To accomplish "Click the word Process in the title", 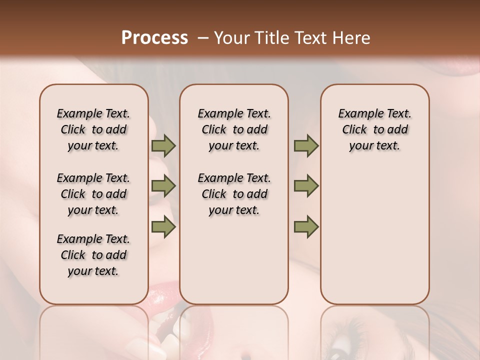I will pos(154,38).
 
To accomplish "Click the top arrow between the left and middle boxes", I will pos(163,146).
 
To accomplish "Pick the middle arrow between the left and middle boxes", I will pos(163,186).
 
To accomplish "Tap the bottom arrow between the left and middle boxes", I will pos(163,226).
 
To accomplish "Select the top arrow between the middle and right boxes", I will pos(306,146).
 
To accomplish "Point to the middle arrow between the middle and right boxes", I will pos(306,186).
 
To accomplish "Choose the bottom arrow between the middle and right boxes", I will pos(306,226).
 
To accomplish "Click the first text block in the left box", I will pos(93,129).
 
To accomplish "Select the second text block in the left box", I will pos(93,194).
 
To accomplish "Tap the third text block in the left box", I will pos(93,255).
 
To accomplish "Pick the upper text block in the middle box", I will pos(234,129).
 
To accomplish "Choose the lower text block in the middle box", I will pos(234,194).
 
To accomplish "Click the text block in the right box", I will pos(375,129).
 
